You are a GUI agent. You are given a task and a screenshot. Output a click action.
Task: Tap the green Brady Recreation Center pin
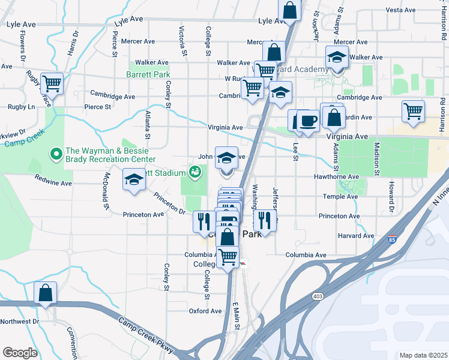click(56, 155)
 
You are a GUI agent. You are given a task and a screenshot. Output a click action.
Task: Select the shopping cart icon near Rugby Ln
click(52, 83)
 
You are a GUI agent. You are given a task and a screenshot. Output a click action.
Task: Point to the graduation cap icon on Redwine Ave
click(134, 179)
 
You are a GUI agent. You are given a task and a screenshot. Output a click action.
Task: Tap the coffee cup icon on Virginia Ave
click(309, 121)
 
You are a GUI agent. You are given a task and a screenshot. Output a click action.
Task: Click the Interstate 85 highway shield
click(393, 239)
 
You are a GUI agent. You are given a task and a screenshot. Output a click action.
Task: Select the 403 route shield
click(318, 296)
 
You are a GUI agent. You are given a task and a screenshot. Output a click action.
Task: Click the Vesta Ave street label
click(401, 10)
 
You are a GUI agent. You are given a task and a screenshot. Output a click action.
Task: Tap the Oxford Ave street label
click(205, 311)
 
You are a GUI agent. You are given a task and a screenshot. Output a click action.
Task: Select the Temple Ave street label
click(340, 197)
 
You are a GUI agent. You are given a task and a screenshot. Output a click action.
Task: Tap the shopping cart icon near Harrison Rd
click(413, 111)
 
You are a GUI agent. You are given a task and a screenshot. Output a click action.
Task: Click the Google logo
click(20, 353)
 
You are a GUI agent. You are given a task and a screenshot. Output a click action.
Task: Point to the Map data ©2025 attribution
click(424, 355)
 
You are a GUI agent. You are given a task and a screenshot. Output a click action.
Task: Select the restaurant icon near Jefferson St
click(264, 220)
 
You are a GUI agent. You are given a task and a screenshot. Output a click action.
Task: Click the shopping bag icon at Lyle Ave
click(289, 10)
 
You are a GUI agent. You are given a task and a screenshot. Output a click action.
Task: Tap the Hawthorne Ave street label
click(336, 178)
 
